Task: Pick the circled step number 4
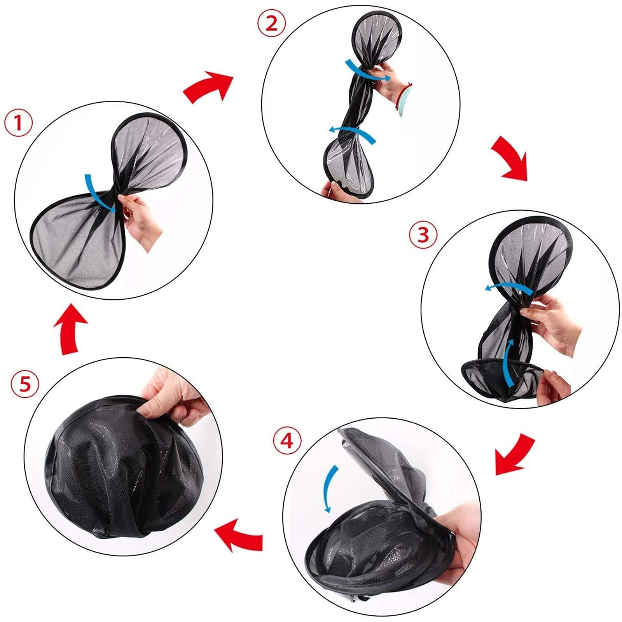click(287, 440)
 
